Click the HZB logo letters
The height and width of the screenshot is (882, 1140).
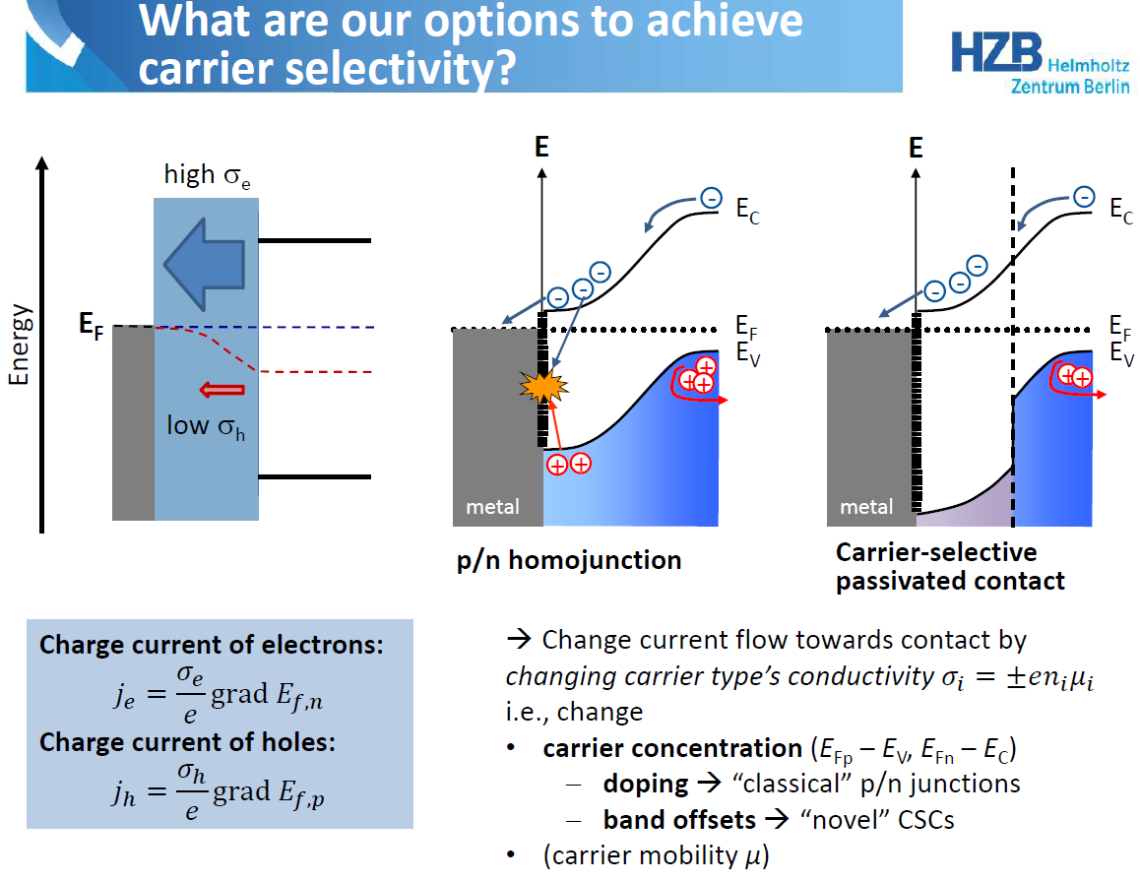[997, 52]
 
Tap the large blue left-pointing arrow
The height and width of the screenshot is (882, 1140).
[205, 264]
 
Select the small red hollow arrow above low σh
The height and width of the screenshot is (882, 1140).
[222, 390]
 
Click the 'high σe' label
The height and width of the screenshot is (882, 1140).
[207, 175]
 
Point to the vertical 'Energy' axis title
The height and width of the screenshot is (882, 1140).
[19, 345]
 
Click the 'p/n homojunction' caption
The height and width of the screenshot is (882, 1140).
[569, 560]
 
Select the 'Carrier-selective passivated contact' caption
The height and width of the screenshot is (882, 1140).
[950, 566]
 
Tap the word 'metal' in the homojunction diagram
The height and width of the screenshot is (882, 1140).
[492, 507]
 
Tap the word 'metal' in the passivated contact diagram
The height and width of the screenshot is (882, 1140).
[866, 507]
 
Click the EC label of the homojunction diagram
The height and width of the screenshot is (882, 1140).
[747, 211]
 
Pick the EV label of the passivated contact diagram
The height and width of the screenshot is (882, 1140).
[1121, 354]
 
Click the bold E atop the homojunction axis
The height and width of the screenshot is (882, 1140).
[541, 147]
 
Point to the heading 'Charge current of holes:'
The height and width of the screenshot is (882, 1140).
[188, 741]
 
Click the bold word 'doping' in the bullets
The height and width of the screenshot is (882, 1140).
[646, 784]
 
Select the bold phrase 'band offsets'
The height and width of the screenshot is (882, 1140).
[680, 819]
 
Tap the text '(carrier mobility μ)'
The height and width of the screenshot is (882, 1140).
[656, 855]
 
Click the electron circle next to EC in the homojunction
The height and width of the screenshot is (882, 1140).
[711, 198]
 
